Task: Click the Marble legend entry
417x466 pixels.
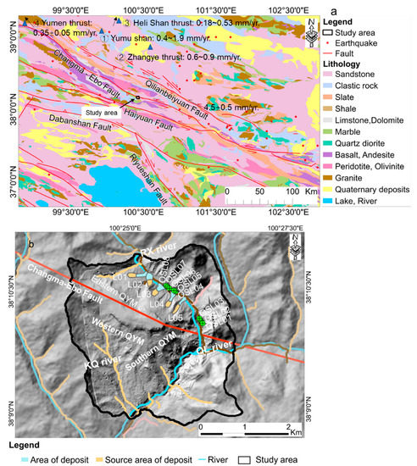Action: pos(331,130)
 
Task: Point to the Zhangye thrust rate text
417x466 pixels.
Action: pos(170,57)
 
